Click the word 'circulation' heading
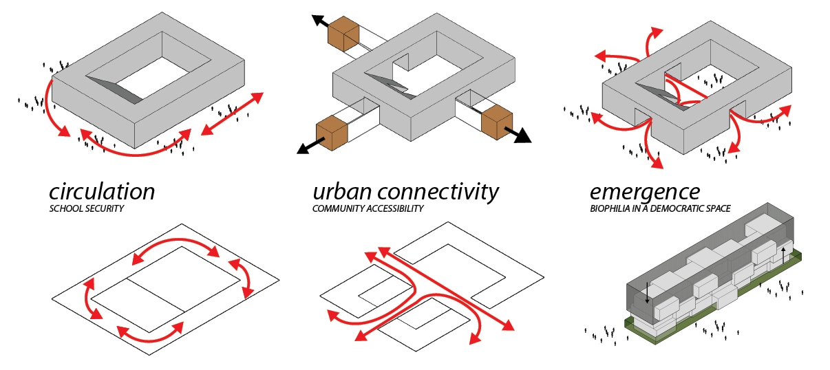(102, 191)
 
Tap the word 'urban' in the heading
(341, 191)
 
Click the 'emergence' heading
(644, 191)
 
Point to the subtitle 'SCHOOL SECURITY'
(86, 208)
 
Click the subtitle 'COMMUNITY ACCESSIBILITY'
(368, 208)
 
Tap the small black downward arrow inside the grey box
(648, 294)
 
